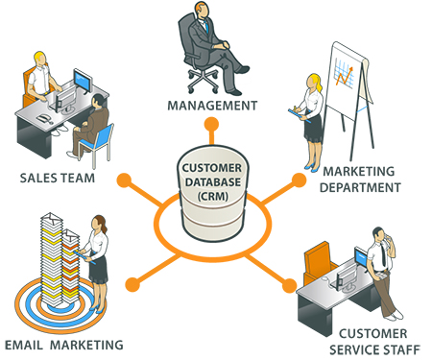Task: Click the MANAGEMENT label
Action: click(x=212, y=105)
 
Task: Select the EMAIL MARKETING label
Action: click(x=62, y=344)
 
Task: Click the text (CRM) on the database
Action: click(x=214, y=196)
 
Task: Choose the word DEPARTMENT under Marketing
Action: click(x=361, y=187)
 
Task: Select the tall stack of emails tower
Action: click(x=57, y=264)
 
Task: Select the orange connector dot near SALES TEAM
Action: click(x=123, y=180)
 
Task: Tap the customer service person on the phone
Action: click(x=384, y=269)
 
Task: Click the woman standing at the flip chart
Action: click(x=313, y=110)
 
